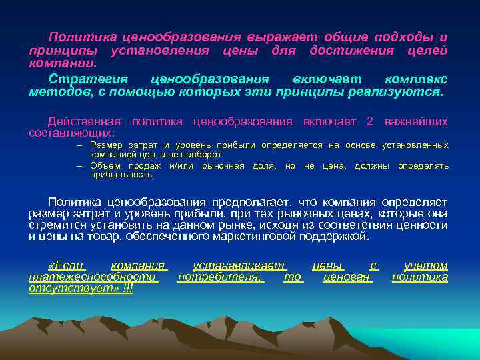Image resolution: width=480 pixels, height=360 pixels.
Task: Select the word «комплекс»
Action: (416, 79)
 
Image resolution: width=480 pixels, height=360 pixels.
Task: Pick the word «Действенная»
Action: (85, 121)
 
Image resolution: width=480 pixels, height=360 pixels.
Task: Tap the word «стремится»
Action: (54, 225)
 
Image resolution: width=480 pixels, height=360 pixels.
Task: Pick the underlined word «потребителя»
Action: (221, 277)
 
